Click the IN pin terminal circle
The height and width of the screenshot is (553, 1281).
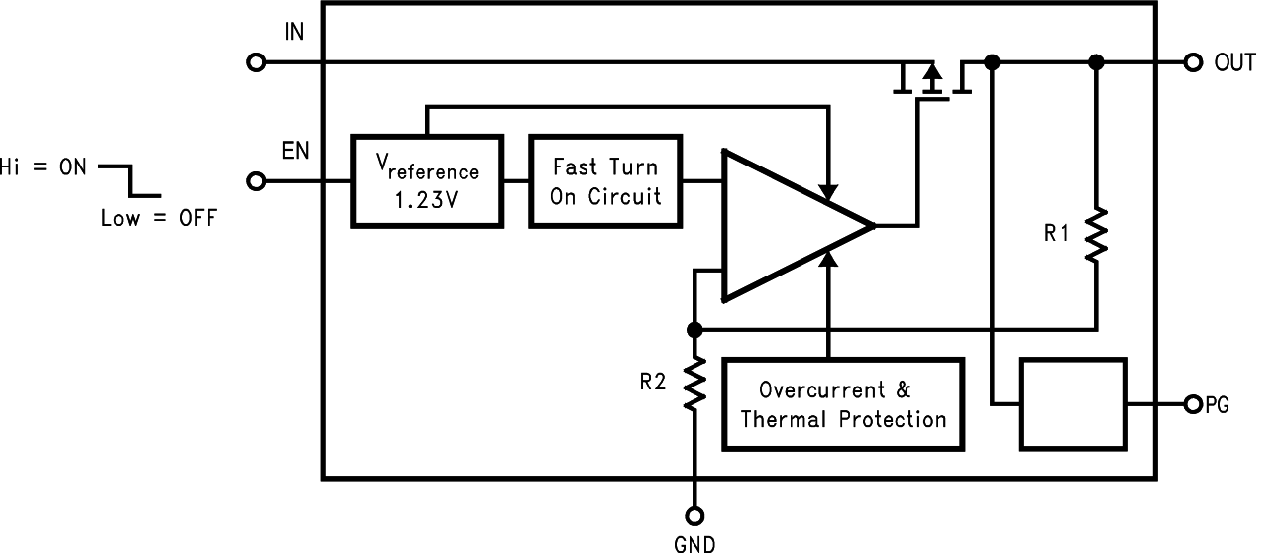(256, 63)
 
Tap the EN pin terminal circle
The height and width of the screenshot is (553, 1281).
(256, 181)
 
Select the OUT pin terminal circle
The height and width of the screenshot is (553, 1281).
(1193, 63)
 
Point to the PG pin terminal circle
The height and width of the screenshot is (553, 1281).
(1193, 404)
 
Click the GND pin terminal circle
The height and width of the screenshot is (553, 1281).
(694, 515)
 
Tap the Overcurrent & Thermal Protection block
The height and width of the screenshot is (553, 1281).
(843, 404)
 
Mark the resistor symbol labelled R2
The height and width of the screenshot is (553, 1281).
(694, 385)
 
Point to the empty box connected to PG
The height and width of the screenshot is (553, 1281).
(1074, 404)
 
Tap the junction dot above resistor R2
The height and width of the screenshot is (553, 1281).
(694, 329)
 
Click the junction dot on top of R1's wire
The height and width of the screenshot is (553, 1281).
(1096, 63)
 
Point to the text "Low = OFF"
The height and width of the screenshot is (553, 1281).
(158, 219)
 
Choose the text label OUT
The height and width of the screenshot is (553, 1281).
(1234, 63)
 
